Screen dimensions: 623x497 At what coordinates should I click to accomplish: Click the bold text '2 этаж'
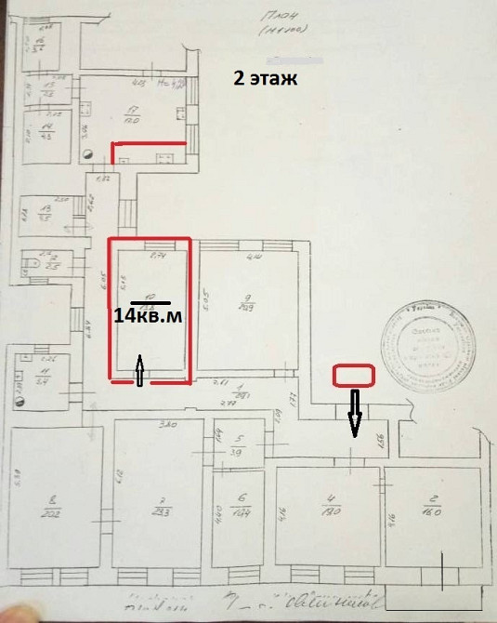coord(265,78)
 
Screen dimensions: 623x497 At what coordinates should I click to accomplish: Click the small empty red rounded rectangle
coord(353,376)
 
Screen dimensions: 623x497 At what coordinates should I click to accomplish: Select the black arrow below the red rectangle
coord(354,412)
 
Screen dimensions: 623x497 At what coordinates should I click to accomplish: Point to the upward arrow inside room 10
coord(138,369)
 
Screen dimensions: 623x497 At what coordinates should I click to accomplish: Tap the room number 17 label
coord(131,115)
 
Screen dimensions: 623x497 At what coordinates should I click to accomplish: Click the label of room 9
coord(246,303)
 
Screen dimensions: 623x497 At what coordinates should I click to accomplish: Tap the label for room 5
coord(237,445)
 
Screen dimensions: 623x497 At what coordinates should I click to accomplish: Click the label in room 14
coord(45,130)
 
